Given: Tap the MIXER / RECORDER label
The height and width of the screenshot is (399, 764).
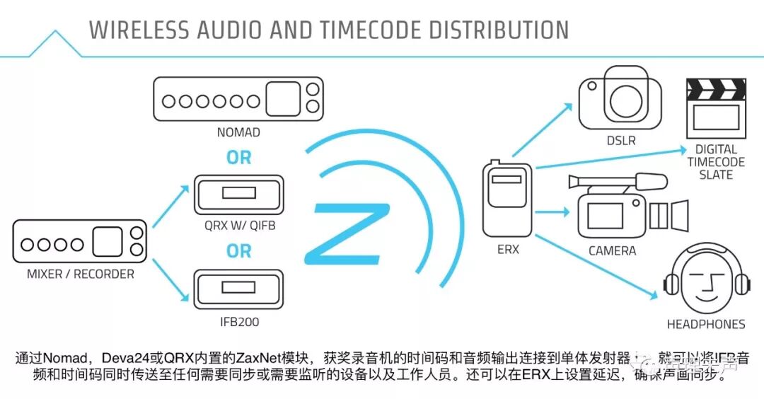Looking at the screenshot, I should [80, 274].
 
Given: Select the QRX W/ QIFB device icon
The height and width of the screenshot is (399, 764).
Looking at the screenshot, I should [238, 194].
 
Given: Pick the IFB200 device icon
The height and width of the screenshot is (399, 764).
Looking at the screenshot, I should [238, 290].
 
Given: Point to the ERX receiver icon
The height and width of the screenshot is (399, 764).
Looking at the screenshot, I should [507, 199].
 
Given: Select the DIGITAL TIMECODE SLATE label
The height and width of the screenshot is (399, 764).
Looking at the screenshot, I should [716, 162].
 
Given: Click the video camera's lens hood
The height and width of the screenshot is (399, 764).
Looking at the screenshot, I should [677, 214].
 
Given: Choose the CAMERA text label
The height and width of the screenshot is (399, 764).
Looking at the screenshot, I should [612, 251].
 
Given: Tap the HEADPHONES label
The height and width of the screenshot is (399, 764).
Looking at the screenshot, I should [706, 325].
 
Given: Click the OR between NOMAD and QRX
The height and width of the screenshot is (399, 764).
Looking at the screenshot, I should [238, 158].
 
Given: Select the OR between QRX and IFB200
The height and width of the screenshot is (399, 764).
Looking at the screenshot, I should [238, 251].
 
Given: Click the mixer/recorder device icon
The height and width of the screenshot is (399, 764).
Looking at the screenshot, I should [80, 242].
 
